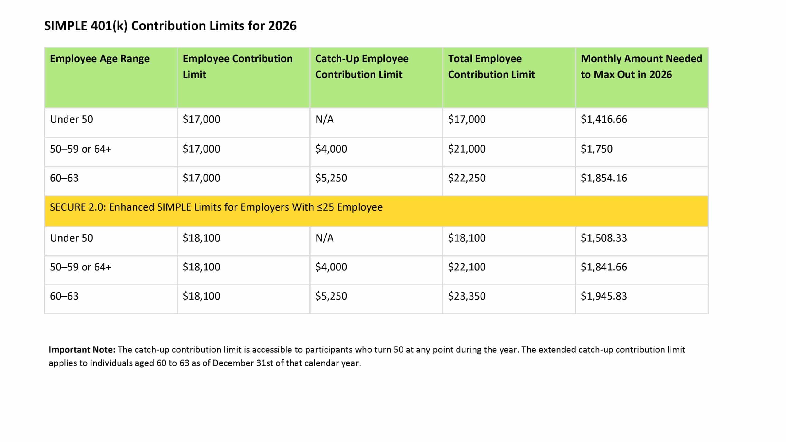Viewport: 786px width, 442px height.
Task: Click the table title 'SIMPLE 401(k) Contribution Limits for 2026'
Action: click(x=170, y=26)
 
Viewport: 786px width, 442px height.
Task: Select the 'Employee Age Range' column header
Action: click(x=99, y=59)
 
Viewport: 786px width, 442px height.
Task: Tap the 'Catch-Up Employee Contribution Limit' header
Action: click(x=362, y=66)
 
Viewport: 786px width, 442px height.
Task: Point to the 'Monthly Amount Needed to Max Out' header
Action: click(x=641, y=66)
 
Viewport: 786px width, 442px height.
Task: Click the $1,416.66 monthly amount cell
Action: click(x=604, y=119)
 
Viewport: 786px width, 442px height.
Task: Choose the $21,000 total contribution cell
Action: click(x=467, y=149)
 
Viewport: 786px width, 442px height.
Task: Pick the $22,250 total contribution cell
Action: click(x=467, y=178)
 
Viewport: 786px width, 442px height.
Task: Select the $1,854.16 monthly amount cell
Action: click(x=604, y=178)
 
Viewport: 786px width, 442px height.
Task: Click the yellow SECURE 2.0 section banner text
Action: click(x=216, y=207)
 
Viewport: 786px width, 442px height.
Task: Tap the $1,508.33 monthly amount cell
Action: click(x=604, y=238)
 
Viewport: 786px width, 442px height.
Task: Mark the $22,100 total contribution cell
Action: click(x=467, y=267)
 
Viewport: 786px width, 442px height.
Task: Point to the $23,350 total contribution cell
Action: click(x=467, y=296)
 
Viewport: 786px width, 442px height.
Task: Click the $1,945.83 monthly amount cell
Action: click(x=604, y=296)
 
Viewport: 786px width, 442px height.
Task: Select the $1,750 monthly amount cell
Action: click(x=596, y=149)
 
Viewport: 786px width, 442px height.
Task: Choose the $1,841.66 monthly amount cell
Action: click(x=604, y=267)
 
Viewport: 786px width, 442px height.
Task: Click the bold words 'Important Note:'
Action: click(x=82, y=350)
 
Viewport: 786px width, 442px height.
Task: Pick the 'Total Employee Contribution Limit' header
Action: click(x=491, y=66)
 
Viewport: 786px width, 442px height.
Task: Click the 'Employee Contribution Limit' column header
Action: click(x=237, y=66)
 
